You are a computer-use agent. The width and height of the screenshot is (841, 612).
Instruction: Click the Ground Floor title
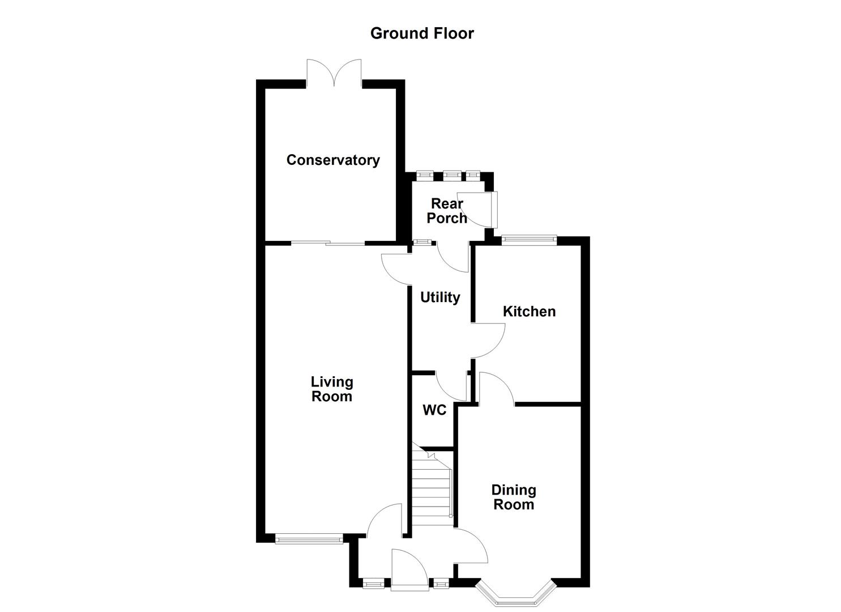click(x=422, y=33)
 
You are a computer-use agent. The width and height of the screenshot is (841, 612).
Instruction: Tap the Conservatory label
click(x=333, y=160)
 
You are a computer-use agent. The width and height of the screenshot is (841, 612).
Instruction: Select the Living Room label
click(x=332, y=389)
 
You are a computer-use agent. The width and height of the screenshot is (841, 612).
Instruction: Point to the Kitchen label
click(x=529, y=311)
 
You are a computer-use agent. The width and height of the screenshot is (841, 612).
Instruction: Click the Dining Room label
click(x=514, y=497)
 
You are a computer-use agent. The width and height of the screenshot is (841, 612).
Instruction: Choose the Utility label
click(x=440, y=297)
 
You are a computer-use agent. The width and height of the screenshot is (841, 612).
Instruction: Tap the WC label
click(x=434, y=410)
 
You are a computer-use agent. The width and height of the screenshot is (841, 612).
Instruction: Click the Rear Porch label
click(x=447, y=211)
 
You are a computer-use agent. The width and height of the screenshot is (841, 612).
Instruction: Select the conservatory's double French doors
click(x=334, y=74)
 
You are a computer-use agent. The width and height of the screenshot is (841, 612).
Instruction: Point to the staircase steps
click(x=431, y=488)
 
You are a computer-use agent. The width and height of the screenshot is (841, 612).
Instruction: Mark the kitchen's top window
click(x=530, y=240)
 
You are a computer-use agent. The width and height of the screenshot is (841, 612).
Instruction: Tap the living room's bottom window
click(x=309, y=539)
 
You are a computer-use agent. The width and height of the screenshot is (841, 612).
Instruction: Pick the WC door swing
click(x=452, y=386)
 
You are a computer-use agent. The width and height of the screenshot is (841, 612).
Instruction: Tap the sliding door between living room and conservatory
click(x=328, y=244)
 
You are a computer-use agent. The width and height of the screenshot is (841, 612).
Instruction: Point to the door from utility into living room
click(x=396, y=269)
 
